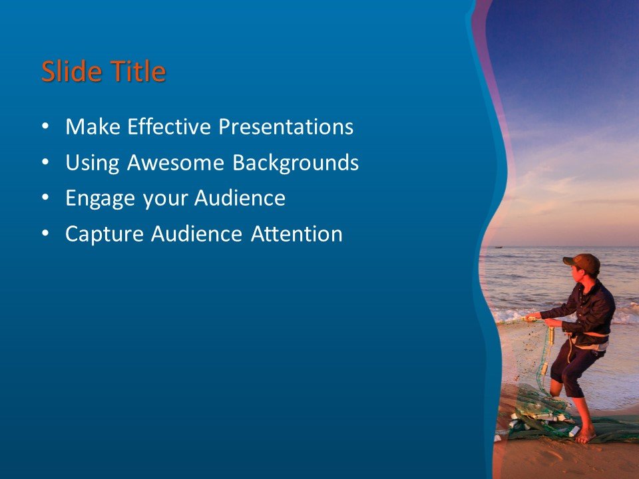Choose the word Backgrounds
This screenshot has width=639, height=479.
point(296,162)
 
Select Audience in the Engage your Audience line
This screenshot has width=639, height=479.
point(240,198)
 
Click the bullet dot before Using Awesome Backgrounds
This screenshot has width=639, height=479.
point(45,162)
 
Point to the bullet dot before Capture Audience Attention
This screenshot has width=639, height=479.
point(45,234)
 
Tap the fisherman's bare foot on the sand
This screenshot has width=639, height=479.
point(585,436)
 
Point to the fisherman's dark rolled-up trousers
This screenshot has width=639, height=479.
point(572,366)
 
